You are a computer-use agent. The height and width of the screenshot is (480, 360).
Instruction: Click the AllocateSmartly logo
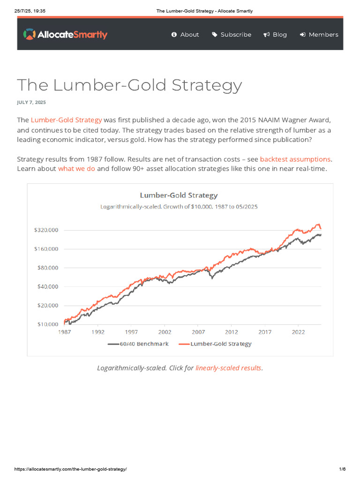65,34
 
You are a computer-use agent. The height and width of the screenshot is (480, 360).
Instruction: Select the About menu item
185,35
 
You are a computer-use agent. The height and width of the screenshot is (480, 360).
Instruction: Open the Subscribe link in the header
232,35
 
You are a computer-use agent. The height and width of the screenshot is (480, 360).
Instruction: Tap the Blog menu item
275,35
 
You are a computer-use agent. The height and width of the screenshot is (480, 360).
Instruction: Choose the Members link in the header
319,35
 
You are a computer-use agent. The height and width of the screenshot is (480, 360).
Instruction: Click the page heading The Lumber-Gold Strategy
129,85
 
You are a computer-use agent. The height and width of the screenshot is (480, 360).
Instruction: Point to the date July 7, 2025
31,102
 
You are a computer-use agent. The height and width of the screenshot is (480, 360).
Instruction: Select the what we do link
76,168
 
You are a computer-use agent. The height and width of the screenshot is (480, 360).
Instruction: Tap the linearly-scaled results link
228,368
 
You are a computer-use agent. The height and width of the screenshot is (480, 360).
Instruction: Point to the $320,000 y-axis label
45,230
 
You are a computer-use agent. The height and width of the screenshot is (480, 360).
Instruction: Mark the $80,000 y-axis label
47,268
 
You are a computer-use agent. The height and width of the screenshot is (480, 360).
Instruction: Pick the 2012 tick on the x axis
231,332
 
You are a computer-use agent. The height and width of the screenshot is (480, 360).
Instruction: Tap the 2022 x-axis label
298,332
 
